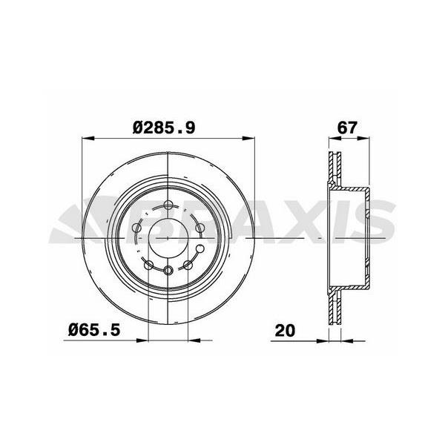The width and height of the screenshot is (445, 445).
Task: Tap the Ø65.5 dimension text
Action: click(x=96, y=327)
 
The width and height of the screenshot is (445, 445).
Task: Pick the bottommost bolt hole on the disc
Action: click(x=170, y=270)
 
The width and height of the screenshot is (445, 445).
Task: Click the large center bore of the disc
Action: click(x=170, y=236)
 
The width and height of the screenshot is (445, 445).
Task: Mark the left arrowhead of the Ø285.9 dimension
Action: click(x=85, y=137)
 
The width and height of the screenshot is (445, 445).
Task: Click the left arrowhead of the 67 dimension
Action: click(x=331, y=137)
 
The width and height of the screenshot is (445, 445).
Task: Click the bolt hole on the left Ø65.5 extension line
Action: click(x=148, y=265)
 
